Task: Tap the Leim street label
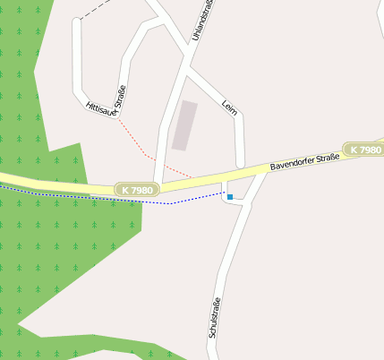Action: pyautogui.click(x=228, y=107)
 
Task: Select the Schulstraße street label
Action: pyautogui.click(x=214, y=317)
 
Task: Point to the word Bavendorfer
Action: pyautogui.click(x=290, y=164)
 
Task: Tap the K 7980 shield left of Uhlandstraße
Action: pyautogui.click(x=138, y=190)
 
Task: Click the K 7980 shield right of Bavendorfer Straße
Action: pyautogui.click(x=364, y=150)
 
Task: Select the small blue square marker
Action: pyautogui.click(x=230, y=196)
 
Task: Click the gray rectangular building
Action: pyautogui.click(x=184, y=125)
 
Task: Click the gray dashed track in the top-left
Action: pyautogui.click(x=97, y=10)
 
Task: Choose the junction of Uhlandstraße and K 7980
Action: pyautogui.click(x=161, y=184)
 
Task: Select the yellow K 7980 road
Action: pyautogui.click(x=54, y=184)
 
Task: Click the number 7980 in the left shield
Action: pyautogui.click(x=143, y=190)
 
